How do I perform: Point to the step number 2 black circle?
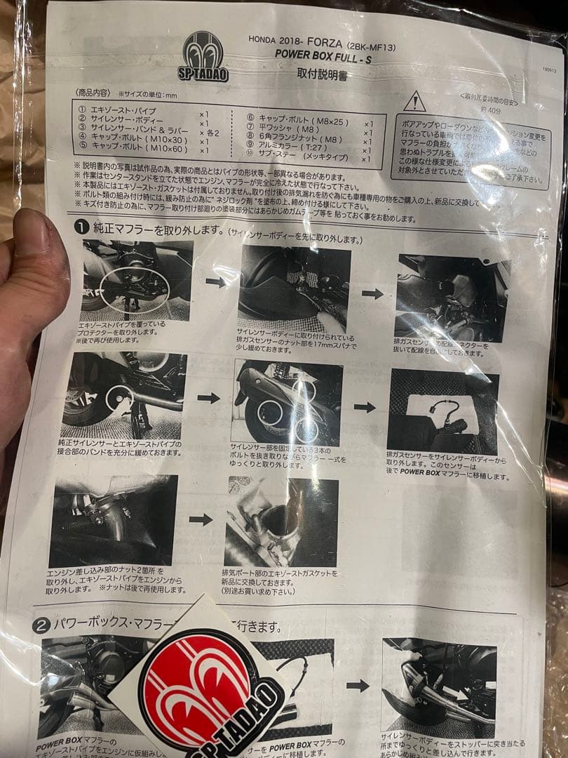click(x=41, y=624)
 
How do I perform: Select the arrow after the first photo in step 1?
click(x=215, y=282)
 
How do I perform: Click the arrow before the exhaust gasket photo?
click(x=201, y=519)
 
